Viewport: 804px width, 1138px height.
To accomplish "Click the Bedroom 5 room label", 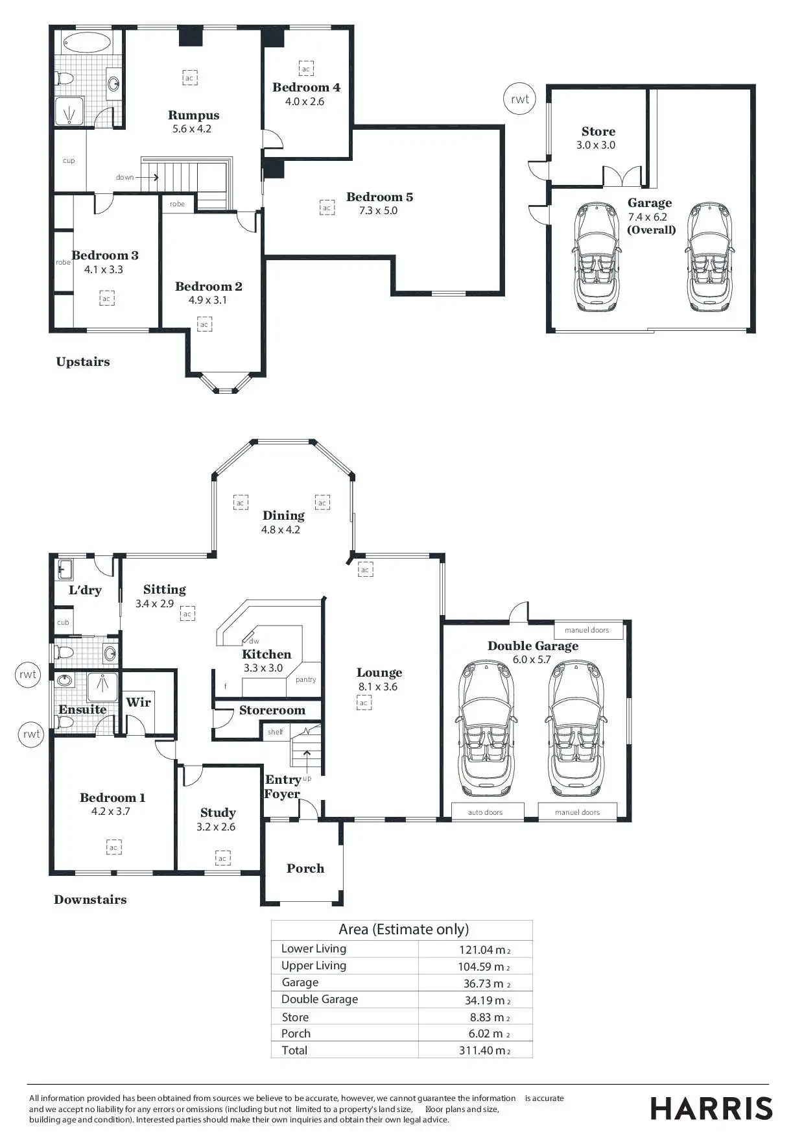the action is click(x=379, y=197).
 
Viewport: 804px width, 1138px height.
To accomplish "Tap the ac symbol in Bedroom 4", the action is click(x=306, y=68).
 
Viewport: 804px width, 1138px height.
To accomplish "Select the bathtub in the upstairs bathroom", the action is click(x=88, y=44).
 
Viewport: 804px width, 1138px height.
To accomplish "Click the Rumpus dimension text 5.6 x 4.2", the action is click(x=192, y=128).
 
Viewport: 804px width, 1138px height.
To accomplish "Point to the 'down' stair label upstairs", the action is click(x=125, y=177).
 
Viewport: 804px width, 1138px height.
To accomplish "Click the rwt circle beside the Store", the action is click(x=520, y=99).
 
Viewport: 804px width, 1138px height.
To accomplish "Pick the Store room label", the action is click(x=598, y=131).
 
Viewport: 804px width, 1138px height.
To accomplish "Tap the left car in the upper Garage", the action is click(x=597, y=256).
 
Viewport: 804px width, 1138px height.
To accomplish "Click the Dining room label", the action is click(x=283, y=515).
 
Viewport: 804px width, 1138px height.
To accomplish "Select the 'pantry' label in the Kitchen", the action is click(x=305, y=679).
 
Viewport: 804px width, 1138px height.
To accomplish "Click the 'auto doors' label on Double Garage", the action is click(x=485, y=812).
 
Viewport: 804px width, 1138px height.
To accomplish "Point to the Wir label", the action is click(x=138, y=702).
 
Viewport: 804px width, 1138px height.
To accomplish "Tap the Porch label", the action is click(x=305, y=868).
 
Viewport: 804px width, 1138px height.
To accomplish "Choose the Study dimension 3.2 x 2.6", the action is click(x=216, y=827).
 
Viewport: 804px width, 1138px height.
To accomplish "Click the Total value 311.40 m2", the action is click(x=484, y=1050).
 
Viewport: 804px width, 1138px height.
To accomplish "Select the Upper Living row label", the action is click(x=314, y=965).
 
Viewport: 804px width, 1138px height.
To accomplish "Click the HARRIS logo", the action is click(x=711, y=1109).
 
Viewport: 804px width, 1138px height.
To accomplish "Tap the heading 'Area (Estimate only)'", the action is click(x=403, y=929).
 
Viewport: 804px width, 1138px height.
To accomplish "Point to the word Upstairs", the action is click(x=83, y=362).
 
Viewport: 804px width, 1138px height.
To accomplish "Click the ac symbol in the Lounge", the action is click(x=364, y=703).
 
